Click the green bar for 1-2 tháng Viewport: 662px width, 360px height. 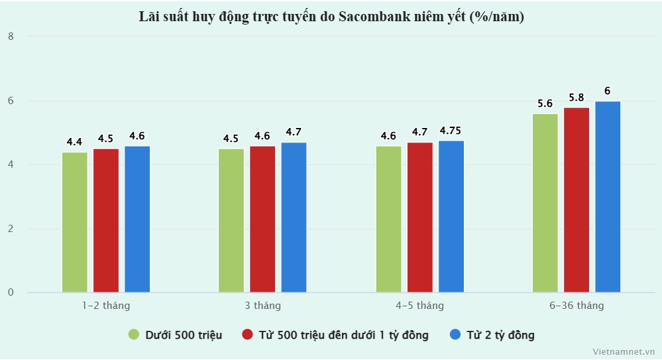[x=75, y=222]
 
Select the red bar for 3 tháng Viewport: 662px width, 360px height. [x=262, y=219]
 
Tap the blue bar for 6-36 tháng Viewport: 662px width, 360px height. [x=608, y=197]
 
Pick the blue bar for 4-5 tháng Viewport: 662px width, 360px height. [x=451, y=216]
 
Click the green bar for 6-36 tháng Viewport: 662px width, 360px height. [x=545, y=203]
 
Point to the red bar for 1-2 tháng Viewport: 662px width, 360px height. [x=106, y=220]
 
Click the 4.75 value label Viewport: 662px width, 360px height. [x=451, y=130]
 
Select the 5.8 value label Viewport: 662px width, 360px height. [x=577, y=97]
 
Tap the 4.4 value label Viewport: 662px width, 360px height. [x=74, y=142]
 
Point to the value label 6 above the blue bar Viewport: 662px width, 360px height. [x=608, y=91]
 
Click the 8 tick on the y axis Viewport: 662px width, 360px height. [x=10, y=36]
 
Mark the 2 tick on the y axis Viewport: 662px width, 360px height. [x=10, y=229]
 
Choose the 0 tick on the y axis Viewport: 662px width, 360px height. [x=10, y=292]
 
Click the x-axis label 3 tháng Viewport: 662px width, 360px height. [x=262, y=306]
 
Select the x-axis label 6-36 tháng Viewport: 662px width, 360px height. [x=577, y=306]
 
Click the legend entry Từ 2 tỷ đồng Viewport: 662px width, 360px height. [x=501, y=335]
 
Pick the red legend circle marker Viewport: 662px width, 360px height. [x=248, y=335]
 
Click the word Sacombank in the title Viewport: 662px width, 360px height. [x=370, y=17]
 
